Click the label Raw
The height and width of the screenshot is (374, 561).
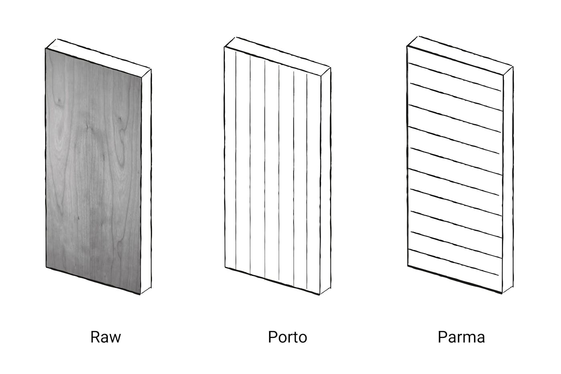point(105,337)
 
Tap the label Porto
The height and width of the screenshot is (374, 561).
point(287,337)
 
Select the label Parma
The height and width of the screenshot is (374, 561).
point(461,337)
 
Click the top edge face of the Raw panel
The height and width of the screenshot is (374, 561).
point(100,56)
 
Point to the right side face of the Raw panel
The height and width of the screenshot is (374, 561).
point(146,180)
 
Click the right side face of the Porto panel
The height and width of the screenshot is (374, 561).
point(325,180)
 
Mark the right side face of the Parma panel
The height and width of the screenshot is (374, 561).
point(507,180)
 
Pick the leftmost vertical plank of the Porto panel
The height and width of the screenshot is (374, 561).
point(230,160)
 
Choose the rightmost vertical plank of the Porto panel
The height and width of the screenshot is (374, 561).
point(313,180)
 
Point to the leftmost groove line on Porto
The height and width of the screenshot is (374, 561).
point(236,160)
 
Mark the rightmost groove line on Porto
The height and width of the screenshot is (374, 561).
point(307,180)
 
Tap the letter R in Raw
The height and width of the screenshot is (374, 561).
point(95,337)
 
